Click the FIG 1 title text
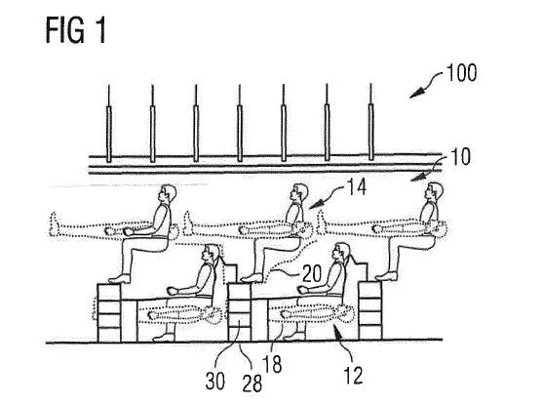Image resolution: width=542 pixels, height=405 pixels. pyautogui.click(x=75, y=30)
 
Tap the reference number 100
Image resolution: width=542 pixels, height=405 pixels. pyautogui.click(x=462, y=72)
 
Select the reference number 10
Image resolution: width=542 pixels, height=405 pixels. pyautogui.click(x=461, y=156)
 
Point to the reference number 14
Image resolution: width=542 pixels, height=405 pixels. pyautogui.click(x=357, y=187)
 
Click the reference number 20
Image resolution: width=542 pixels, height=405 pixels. pyautogui.click(x=312, y=273)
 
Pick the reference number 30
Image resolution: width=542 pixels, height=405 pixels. pyautogui.click(x=215, y=381)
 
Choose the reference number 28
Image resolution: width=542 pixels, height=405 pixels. pyautogui.click(x=252, y=383)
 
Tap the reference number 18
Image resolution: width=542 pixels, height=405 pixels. pyautogui.click(x=272, y=364)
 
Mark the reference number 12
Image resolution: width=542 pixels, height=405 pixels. pyautogui.click(x=353, y=375)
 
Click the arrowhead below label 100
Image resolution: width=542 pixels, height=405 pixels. pyautogui.click(x=417, y=93)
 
